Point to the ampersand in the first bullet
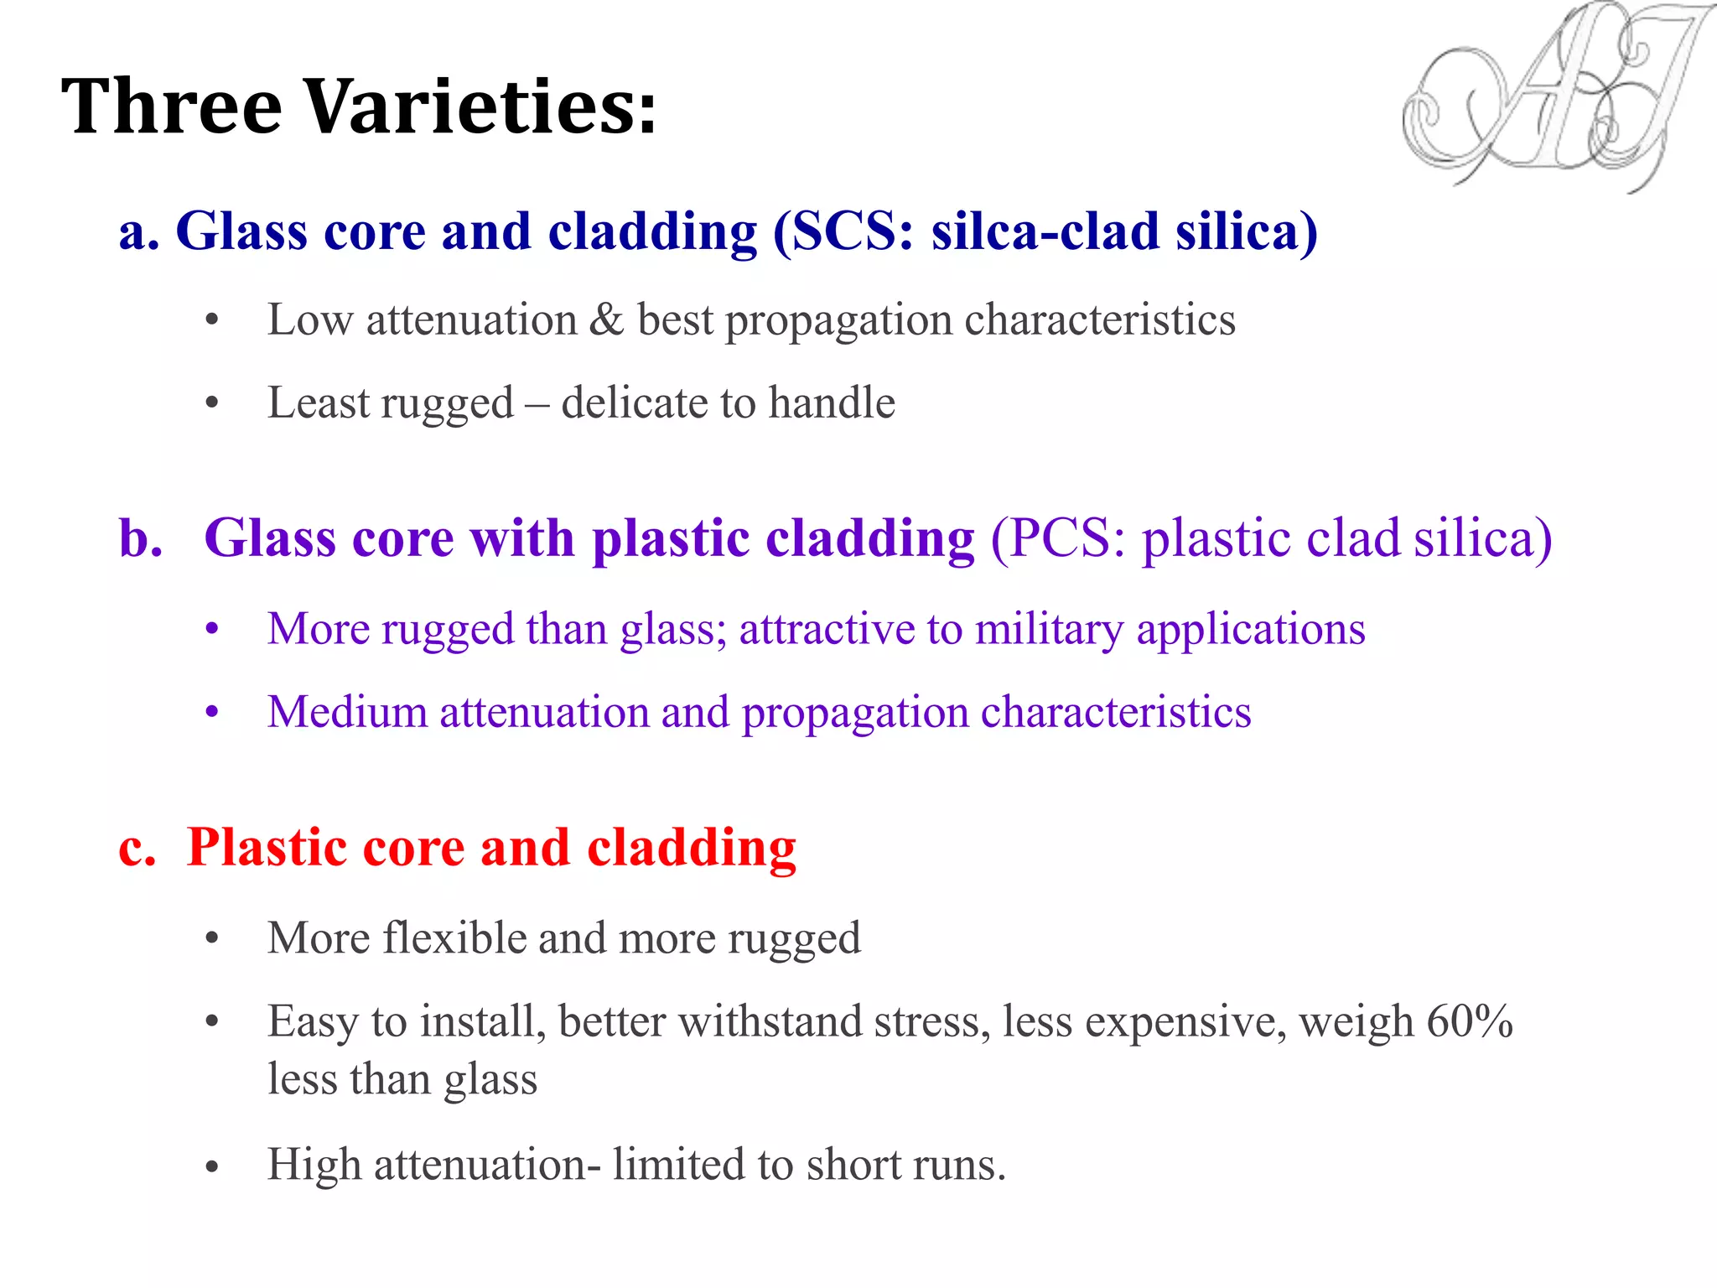point(606,320)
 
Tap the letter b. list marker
point(141,538)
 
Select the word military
point(1049,630)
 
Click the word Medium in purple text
point(347,713)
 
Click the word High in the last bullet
point(314,1166)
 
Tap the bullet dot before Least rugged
point(212,404)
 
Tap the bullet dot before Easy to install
point(212,1022)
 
